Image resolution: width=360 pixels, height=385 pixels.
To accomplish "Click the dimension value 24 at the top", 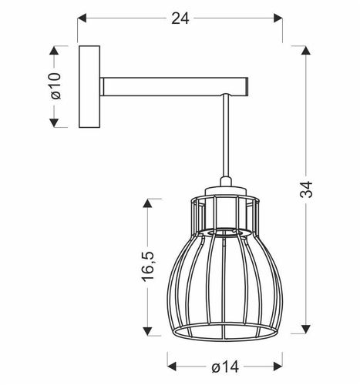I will coord(180,19).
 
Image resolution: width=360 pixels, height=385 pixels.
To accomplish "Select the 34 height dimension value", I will coord(306,191).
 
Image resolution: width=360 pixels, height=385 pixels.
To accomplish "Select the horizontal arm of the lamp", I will coord(173,85).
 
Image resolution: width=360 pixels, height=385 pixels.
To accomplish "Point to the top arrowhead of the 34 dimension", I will coord(307,49).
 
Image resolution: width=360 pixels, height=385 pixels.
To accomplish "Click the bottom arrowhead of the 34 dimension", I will coord(307,335).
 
